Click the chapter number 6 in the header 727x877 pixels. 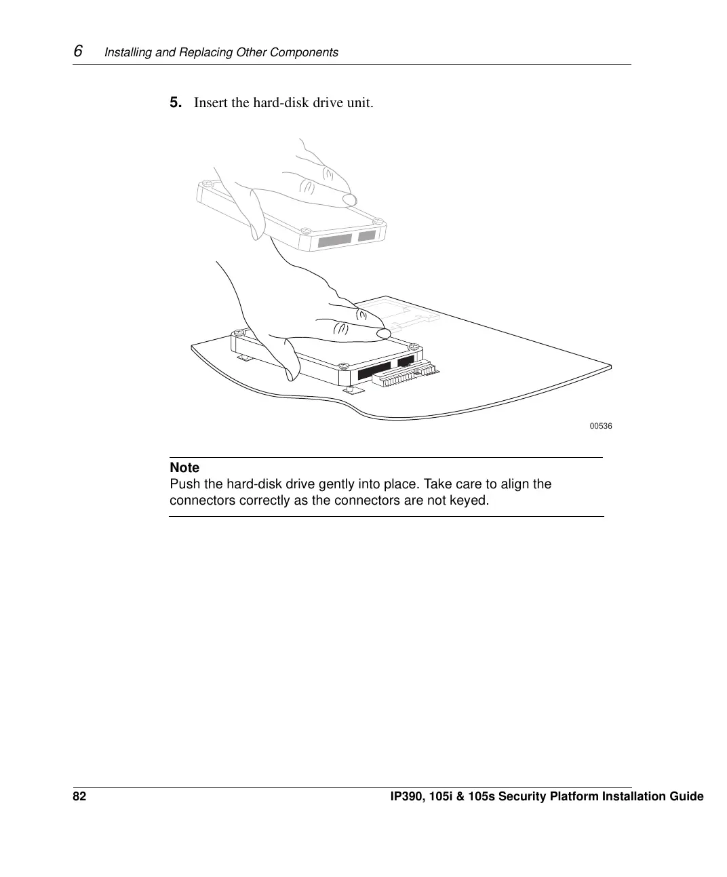(x=78, y=52)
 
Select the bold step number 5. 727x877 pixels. (x=175, y=102)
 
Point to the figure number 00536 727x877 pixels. (x=601, y=426)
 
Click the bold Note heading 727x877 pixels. (x=184, y=467)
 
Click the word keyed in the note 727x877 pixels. (x=471, y=501)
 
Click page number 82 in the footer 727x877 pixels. (x=79, y=796)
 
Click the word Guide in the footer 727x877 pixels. (x=686, y=796)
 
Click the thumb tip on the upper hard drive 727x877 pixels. (x=349, y=199)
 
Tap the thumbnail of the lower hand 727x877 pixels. (x=383, y=333)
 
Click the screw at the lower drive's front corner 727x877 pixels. (x=344, y=366)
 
